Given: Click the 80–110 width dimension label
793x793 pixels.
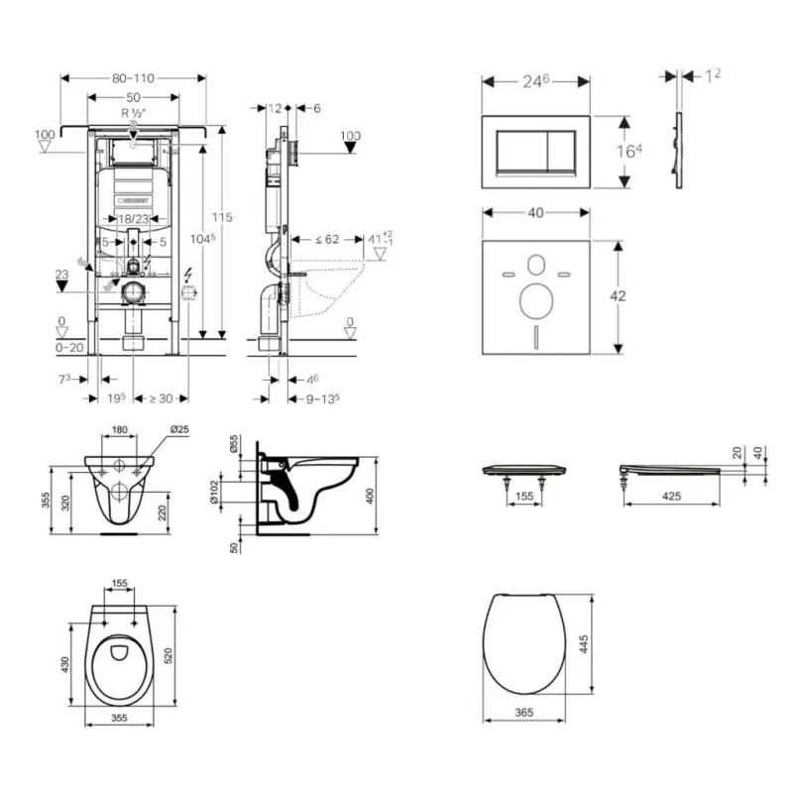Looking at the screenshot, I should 133,75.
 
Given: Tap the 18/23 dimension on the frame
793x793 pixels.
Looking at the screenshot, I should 132,218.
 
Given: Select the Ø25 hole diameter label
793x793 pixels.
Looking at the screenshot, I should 179,429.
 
